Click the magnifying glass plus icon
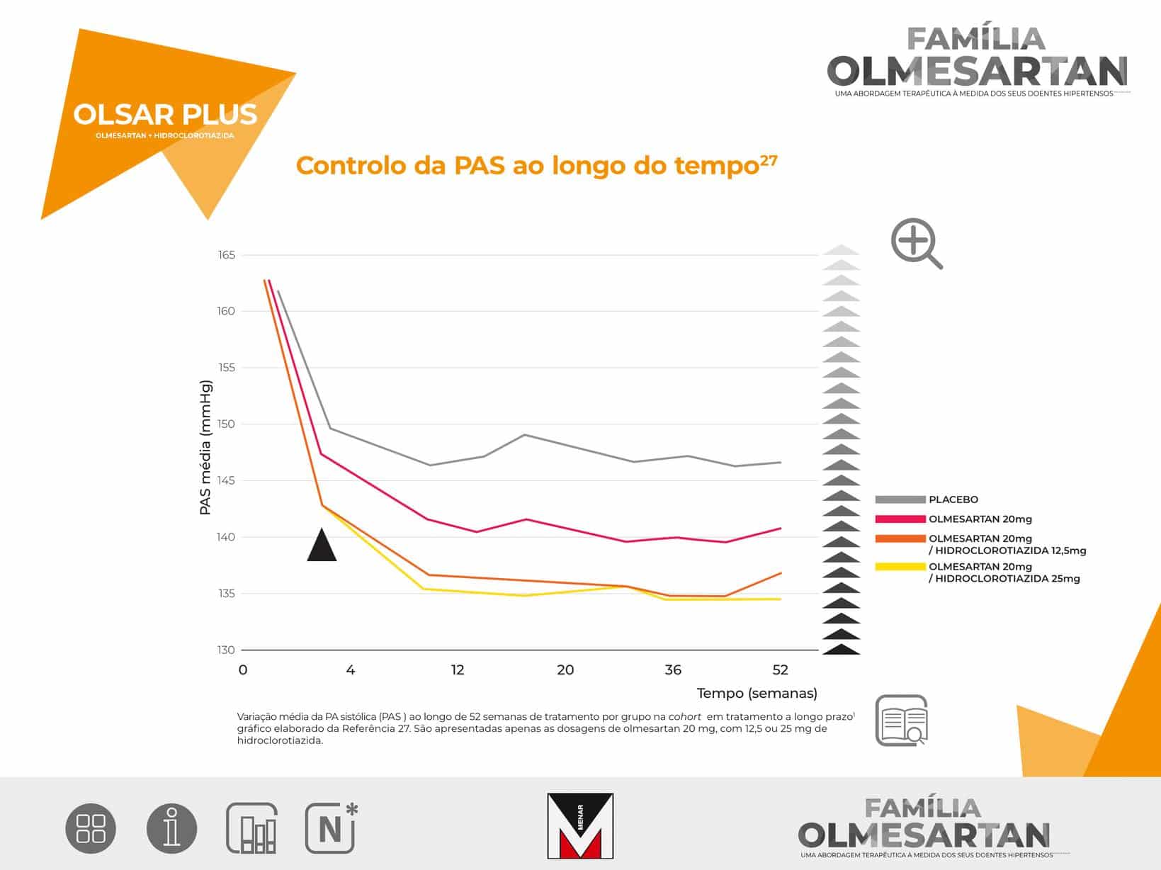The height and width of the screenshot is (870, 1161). pyautogui.click(x=916, y=243)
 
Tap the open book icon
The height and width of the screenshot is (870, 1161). pyautogui.click(x=902, y=721)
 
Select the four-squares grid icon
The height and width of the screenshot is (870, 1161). pyautogui.click(x=91, y=828)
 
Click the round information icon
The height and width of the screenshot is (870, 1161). pyautogui.click(x=172, y=828)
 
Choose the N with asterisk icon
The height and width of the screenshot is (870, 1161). pyautogui.click(x=332, y=828)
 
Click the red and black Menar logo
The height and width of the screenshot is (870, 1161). pyautogui.click(x=580, y=825)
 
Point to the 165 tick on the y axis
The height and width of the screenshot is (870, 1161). pyautogui.click(x=227, y=255)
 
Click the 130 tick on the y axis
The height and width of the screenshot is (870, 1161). pyautogui.click(x=226, y=650)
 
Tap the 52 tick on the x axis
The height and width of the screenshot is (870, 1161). pyautogui.click(x=780, y=670)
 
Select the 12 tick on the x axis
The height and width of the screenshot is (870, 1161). pyautogui.click(x=458, y=670)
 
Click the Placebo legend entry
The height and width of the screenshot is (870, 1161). pyautogui.click(x=927, y=499)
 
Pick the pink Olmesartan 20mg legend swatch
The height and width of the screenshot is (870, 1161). pyautogui.click(x=900, y=519)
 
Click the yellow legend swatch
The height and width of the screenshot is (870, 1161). pyautogui.click(x=900, y=567)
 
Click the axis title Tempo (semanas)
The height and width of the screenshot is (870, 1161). pyautogui.click(x=757, y=694)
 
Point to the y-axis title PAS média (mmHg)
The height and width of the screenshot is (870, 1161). pyautogui.click(x=205, y=448)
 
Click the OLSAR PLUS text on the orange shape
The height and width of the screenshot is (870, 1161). pyautogui.click(x=165, y=114)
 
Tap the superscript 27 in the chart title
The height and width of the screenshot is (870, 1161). pyautogui.click(x=769, y=159)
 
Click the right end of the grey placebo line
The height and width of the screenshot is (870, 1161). pyautogui.click(x=781, y=462)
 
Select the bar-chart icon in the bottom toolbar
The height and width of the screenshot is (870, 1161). pyautogui.click(x=251, y=828)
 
